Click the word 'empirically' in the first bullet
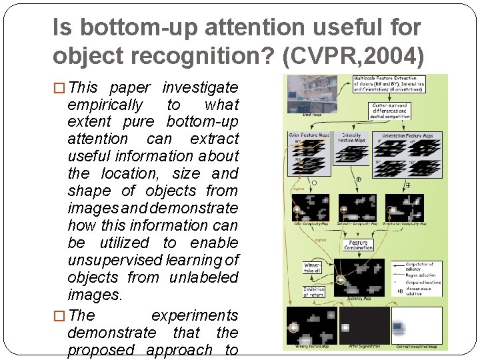(x=105, y=105)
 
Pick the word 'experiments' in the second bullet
(x=195, y=315)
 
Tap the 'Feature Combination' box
(x=359, y=243)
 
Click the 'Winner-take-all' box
(x=313, y=267)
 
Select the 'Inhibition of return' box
(x=314, y=292)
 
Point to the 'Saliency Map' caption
(x=359, y=299)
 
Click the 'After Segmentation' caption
(x=363, y=346)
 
